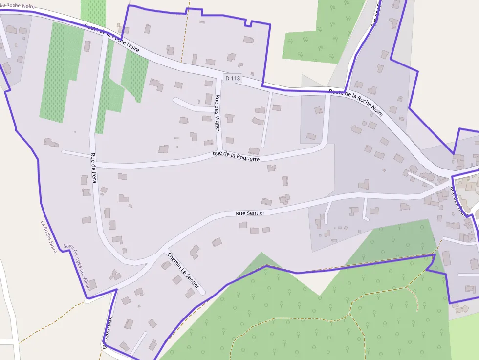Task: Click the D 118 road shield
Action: [x=233, y=78]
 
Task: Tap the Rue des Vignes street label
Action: [x=218, y=113]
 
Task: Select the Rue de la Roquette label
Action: [x=236, y=157]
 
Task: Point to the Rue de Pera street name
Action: [x=93, y=169]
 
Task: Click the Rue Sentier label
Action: [x=250, y=213]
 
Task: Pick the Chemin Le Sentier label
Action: [x=183, y=270]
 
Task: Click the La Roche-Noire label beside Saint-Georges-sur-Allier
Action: [x=49, y=236]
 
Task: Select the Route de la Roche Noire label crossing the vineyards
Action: [x=111, y=38]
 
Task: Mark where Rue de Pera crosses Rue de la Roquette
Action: [x=92, y=156]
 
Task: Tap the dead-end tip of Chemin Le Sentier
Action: [x=203, y=293]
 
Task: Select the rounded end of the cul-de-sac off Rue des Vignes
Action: [x=175, y=100]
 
